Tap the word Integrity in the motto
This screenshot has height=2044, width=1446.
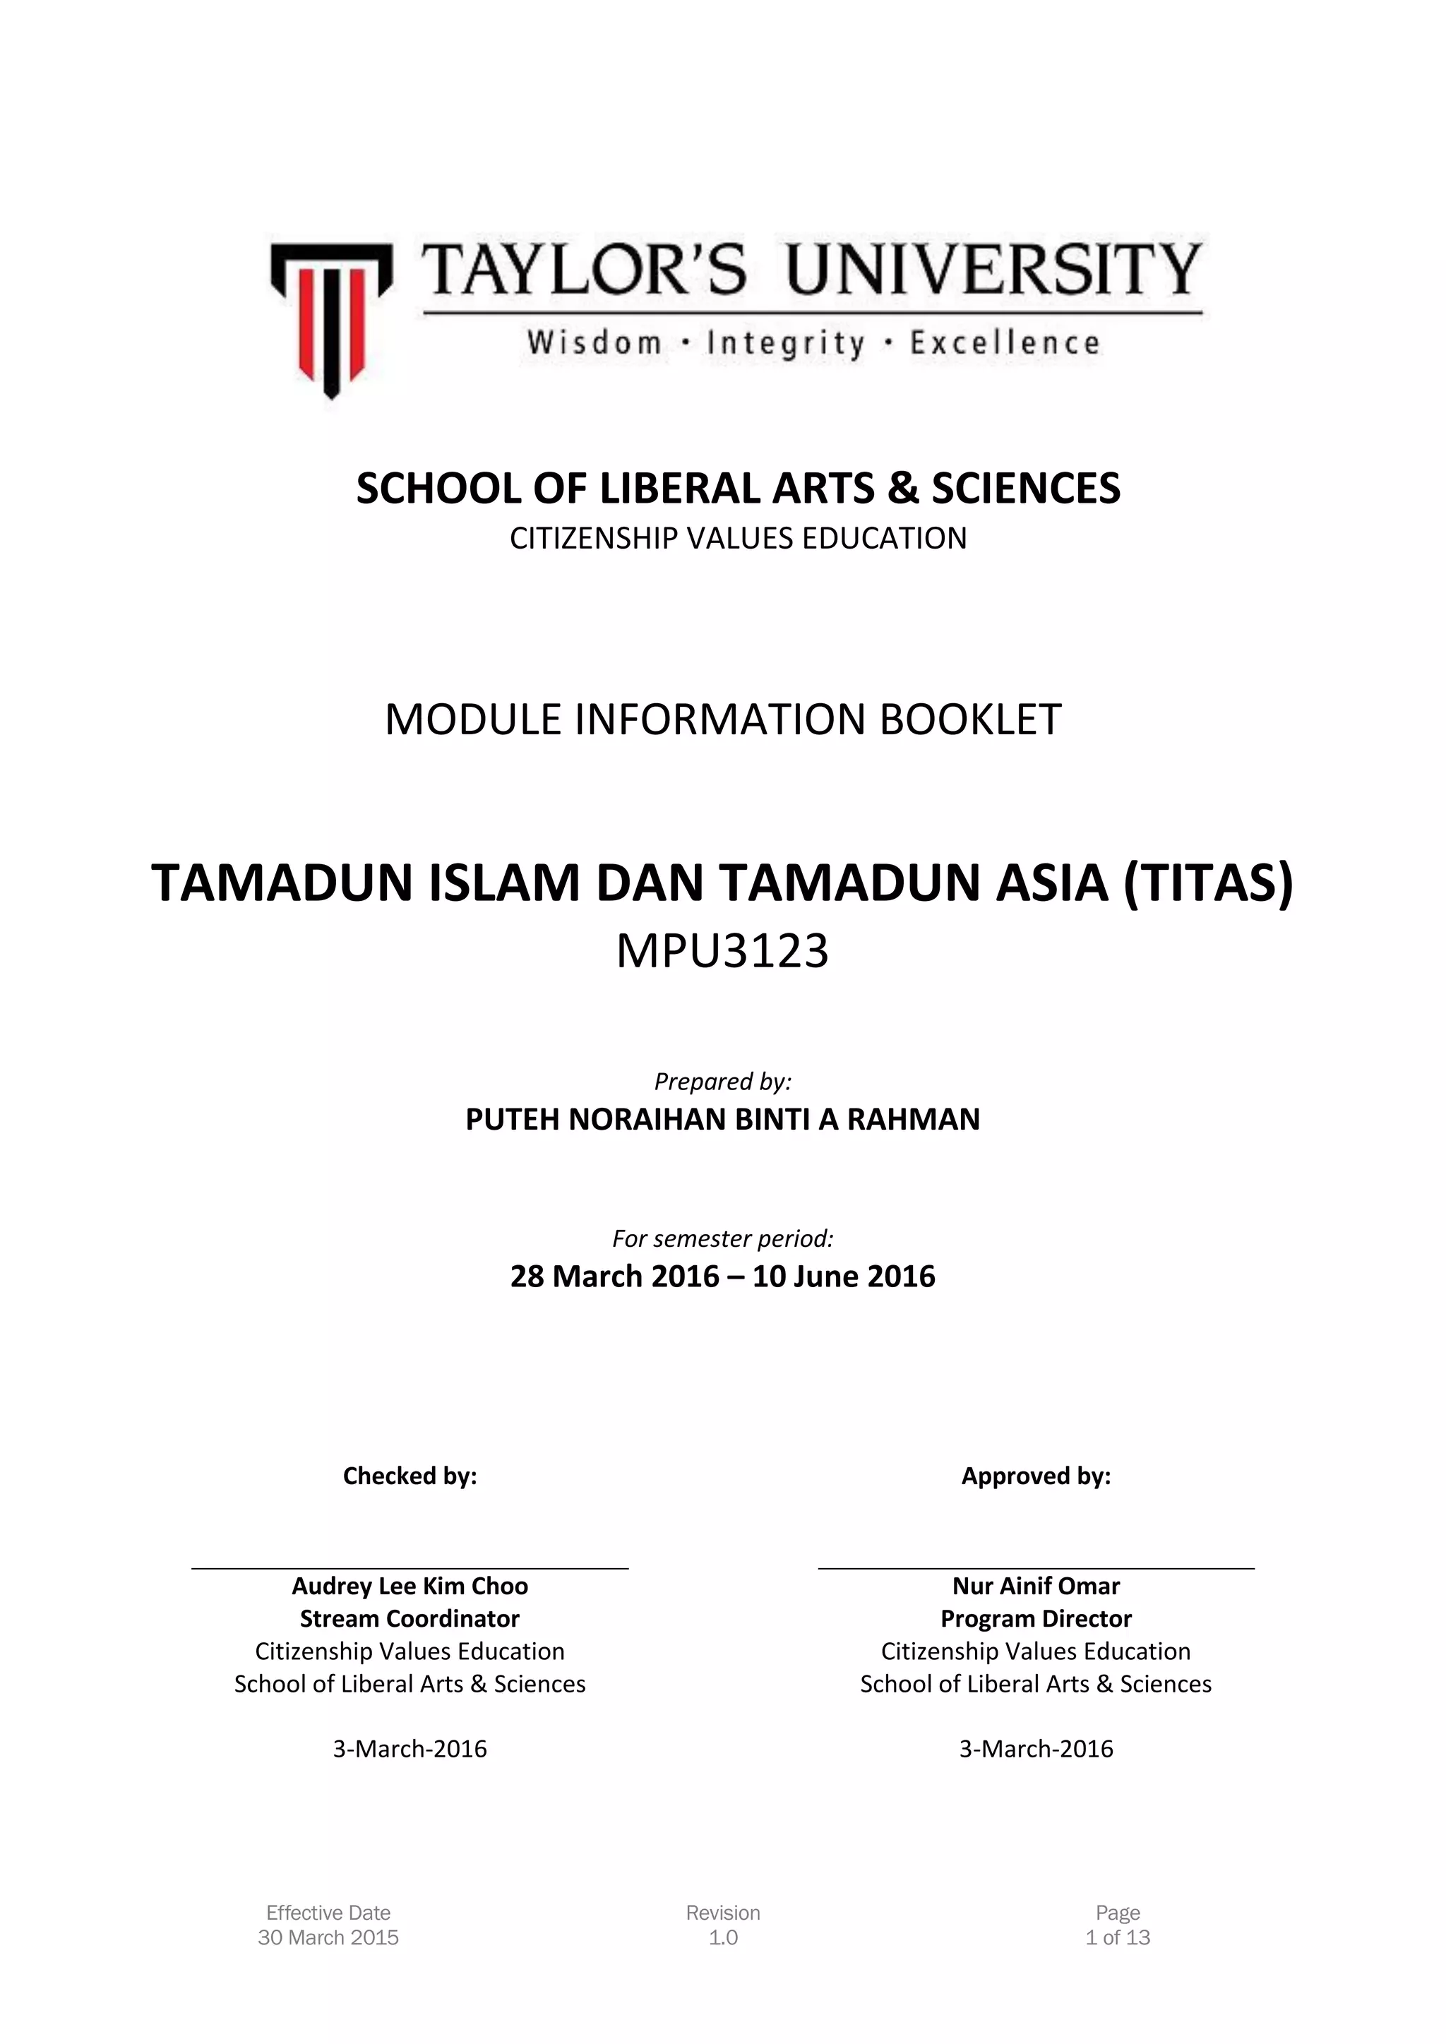click(x=785, y=344)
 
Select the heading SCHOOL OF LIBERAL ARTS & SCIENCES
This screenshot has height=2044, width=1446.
click(x=738, y=489)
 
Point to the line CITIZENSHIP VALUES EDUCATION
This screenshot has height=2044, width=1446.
click(x=738, y=539)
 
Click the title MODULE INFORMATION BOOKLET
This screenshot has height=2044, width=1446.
click(x=723, y=719)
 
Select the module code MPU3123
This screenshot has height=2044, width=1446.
click(x=723, y=951)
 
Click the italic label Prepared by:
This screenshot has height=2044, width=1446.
click(x=723, y=1081)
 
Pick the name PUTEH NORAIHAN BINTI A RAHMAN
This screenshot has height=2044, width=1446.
click(x=723, y=1119)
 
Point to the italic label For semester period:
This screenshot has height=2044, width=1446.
click(x=723, y=1238)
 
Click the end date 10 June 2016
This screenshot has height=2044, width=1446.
click(x=844, y=1277)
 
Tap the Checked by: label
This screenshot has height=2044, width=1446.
click(x=410, y=1476)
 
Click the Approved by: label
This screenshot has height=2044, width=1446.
click(x=1036, y=1476)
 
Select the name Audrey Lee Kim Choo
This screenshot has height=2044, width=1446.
click(x=410, y=1586)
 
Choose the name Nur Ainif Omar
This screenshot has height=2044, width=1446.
click(x=1036, y=1586)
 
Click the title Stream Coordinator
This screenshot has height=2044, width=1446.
click(x=410, y=1618)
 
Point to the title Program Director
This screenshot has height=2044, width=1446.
click(x=1036, y=1618)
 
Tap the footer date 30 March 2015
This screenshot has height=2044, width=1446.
click(x=328, y=1937)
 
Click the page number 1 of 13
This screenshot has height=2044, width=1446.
click(x=1118, y=1937)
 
